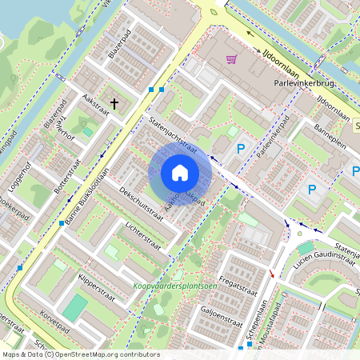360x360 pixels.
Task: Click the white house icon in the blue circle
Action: tap(180, 173)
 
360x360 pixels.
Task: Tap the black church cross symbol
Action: tap(114, 104)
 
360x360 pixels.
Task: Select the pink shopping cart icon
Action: tap(231, 58)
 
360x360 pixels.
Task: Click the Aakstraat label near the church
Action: tap(95, 105)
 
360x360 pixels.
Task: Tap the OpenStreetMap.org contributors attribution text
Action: tap(102, 354)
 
